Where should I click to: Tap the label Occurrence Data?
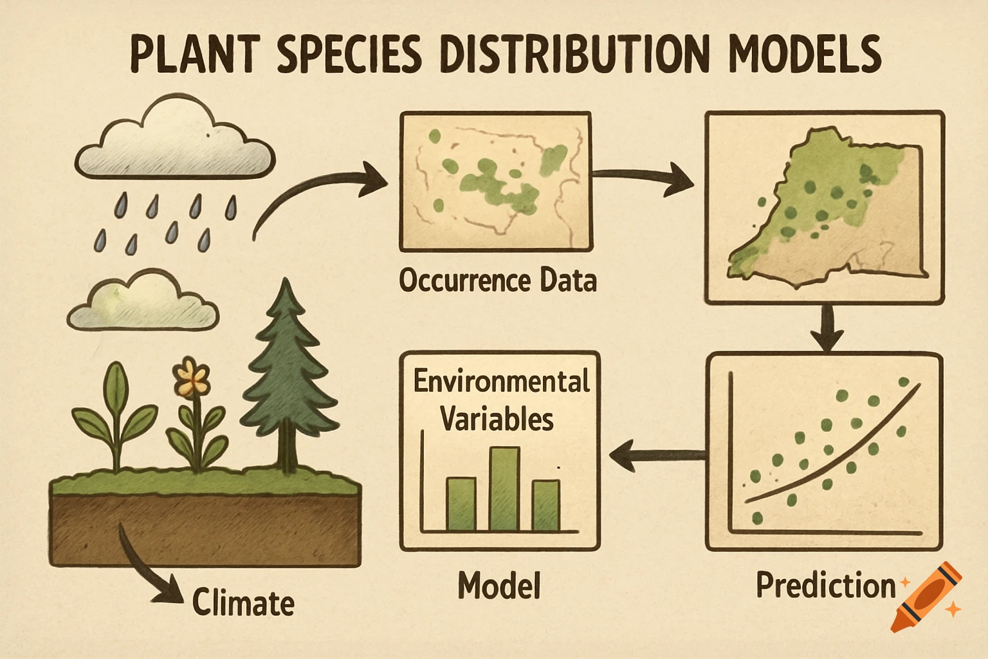coord(497,281)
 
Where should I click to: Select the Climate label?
coord(243,603)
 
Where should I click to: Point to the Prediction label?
coord(825,585)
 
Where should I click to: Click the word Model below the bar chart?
coord(499,586)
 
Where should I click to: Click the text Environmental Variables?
coord(500,400)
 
